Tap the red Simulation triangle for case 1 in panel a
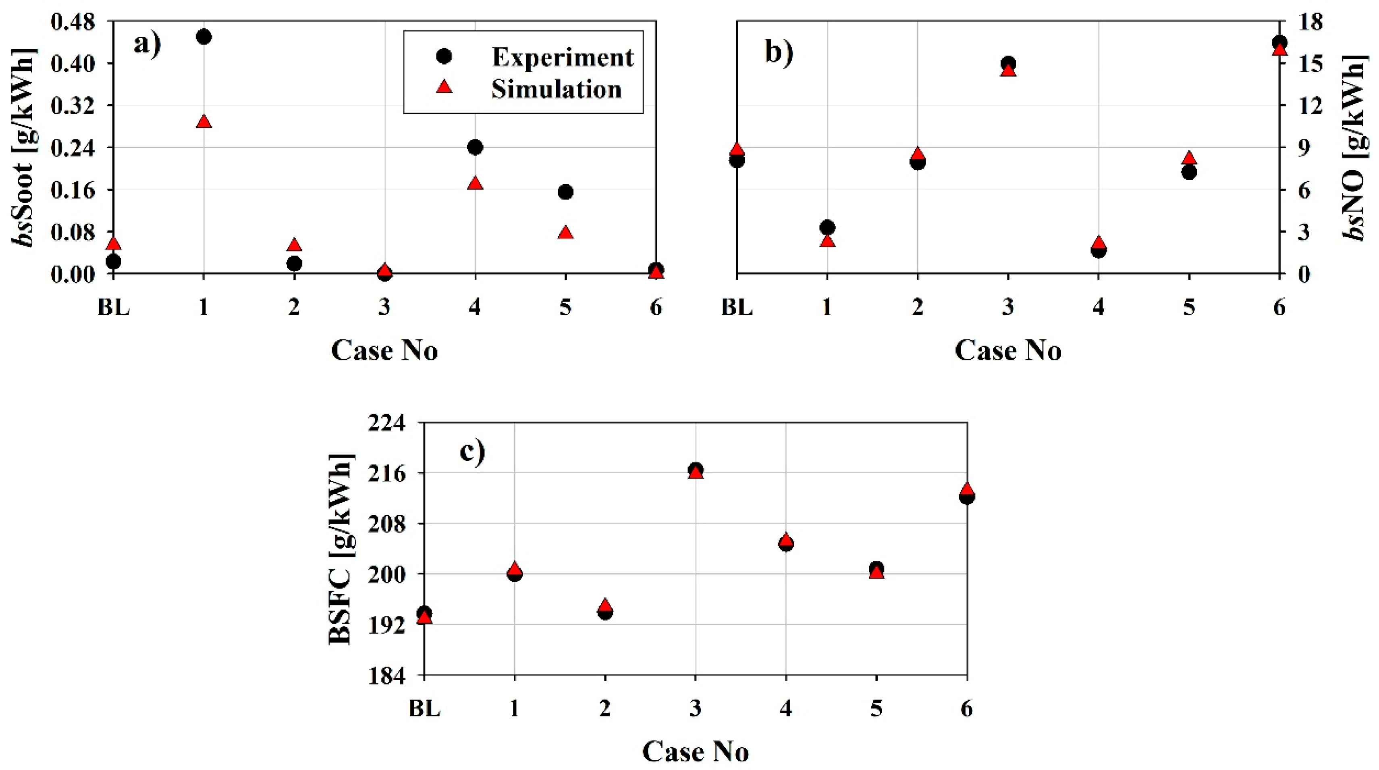[204, 122]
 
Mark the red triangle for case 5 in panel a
[566, 232]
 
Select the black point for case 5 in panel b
[1189, 172]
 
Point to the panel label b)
[779, 52]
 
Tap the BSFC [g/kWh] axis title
[341, 548]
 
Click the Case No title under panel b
[1007, 351]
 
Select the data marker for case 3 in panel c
[696, 471]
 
